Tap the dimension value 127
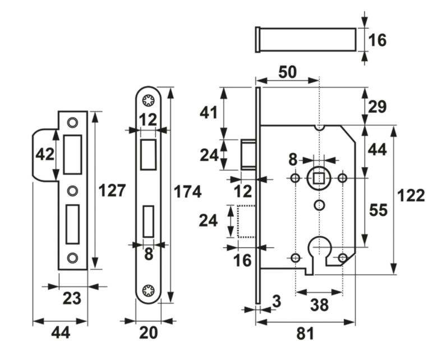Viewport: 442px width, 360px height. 112,191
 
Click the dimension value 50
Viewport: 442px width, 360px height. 287,72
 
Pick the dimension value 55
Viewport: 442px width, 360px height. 379,210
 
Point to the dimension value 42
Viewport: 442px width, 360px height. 44,154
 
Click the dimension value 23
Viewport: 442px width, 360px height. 72,298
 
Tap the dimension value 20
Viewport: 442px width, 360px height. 148,333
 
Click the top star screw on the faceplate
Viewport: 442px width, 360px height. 149,101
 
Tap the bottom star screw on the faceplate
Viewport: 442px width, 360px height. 149,290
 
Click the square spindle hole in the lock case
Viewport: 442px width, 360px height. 319,178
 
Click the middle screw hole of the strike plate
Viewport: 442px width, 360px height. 71,191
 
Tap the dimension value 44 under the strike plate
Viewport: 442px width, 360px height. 61,333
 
